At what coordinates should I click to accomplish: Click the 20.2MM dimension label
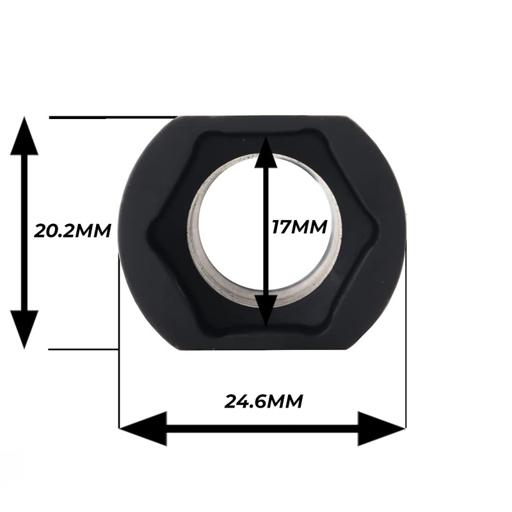(72, 230)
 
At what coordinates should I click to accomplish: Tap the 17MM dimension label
(299, 227)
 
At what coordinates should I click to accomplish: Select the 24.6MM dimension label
(263, 401)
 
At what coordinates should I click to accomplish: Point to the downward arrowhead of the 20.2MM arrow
(24, 329)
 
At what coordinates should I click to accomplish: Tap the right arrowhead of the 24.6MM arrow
(382, 428)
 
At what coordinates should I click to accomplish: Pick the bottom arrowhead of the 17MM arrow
(266, 311)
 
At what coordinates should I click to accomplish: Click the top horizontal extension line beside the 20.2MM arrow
(109, 117)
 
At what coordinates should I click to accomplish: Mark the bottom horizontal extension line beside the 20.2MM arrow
(83, 349)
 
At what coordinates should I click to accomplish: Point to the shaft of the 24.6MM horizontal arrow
(262, 428)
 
